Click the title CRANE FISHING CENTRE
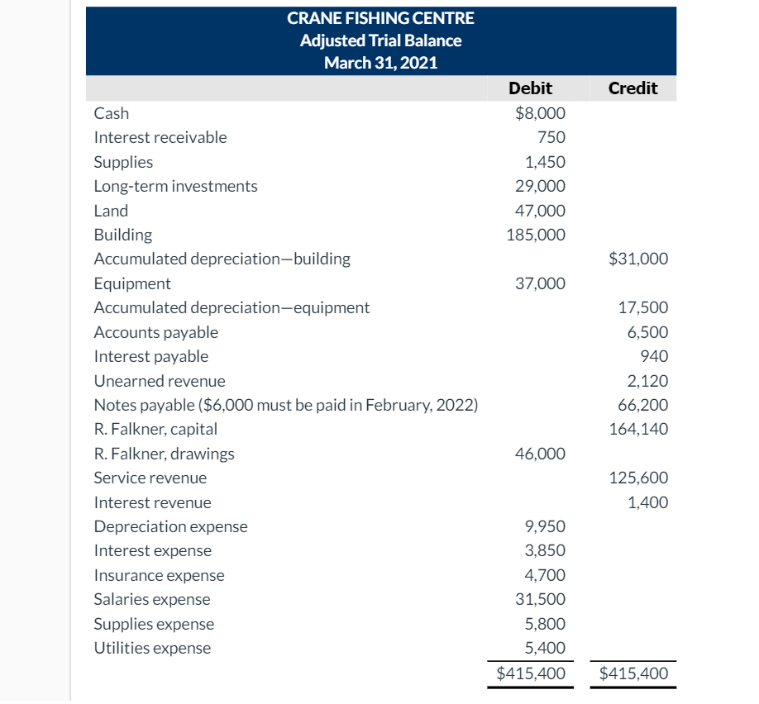[380, 17]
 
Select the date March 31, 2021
[380, 63]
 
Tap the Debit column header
[530, 88]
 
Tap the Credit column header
[632, 88]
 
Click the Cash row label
[112, 113]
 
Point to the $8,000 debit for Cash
[540, 113]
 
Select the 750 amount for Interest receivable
[551, 137]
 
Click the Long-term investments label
[175, 186]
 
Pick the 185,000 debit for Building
[536, 235]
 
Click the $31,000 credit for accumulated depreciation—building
[638, 259]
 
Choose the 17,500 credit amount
[643, 307]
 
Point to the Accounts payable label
[156, 332]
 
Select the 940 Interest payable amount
[654, 356]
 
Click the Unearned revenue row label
[160, 381]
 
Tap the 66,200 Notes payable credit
[643, 405]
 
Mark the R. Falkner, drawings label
[164, 454]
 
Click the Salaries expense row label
[152, 599]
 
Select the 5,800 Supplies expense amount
[546, 624]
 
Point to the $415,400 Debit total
[531, 673]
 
